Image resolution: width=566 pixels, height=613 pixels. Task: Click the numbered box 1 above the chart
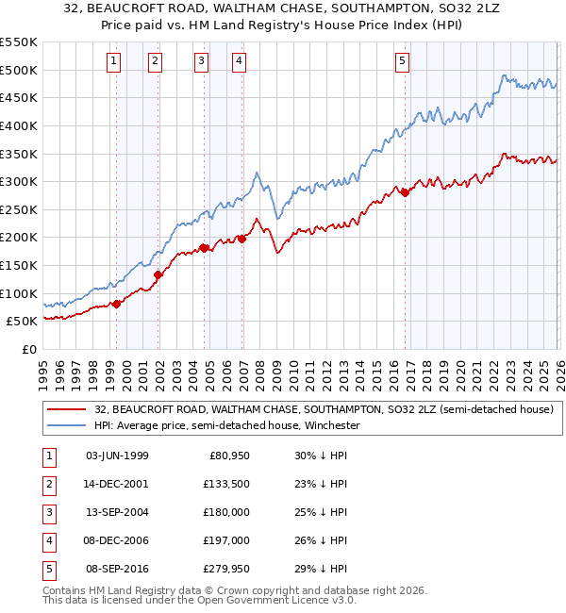coord(113,61)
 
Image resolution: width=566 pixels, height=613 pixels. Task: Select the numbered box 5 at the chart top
coord(402,61)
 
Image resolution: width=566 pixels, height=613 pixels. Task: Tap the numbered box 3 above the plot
coord(201,61)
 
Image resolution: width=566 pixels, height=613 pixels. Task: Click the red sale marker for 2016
coord(405,192)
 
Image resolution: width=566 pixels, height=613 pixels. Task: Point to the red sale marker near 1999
coord(117,304)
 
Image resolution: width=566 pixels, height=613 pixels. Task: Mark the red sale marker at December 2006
coord(242,239)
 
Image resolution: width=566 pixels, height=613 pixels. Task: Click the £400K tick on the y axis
coord(19,125)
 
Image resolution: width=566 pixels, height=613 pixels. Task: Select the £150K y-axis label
coord(19,265)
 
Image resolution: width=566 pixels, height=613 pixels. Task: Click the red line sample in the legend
coord(67,409)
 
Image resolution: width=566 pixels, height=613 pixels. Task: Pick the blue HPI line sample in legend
coord(67,425)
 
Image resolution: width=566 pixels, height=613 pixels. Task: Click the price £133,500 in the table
coord(224,483)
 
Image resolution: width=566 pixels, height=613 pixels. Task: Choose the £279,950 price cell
coord(224,569)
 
